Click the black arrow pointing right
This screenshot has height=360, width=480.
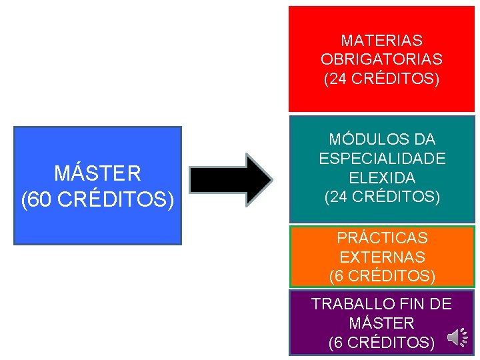coord(231,179)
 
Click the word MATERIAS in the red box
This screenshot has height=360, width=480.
coord(381,41)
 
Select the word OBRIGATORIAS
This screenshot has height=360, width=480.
coord(381,60)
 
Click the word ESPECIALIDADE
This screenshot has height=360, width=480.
coord(382,159)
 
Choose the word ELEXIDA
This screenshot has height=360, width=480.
coord(382,178)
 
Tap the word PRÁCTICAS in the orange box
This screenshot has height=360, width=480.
coord(382,237)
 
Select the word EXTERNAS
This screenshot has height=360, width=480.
coord(382,257)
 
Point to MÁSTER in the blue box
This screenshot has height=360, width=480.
coord(97,174)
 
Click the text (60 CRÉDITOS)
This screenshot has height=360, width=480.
coord(97,199)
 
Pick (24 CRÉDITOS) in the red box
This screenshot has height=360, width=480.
coord(381,79)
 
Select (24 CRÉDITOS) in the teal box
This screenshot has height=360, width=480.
coord(382,197)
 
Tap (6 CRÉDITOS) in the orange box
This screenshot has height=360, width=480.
coord(382,275)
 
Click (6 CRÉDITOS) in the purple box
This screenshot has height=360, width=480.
coord(382,343)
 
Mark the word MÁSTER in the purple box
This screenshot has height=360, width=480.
coord(381,323)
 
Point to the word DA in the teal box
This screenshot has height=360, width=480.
coord(423,139)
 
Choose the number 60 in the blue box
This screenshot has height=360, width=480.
coord(39,199)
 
